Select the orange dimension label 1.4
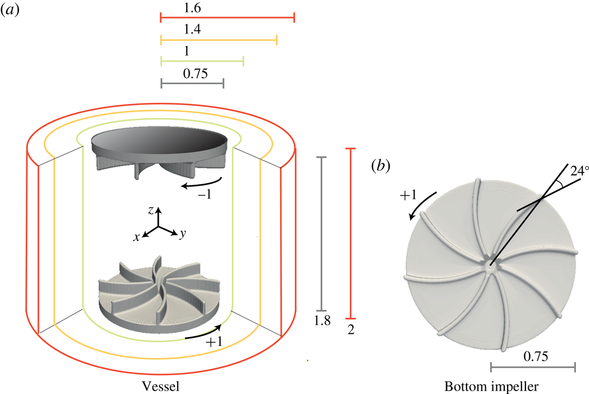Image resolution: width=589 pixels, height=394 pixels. [194, 30]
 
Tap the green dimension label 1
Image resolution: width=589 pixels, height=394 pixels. [187, 51]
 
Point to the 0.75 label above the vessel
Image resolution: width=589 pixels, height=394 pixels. [195, 73]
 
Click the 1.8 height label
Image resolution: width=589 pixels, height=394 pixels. [322, 321]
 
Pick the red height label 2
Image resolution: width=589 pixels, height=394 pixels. [351, 328]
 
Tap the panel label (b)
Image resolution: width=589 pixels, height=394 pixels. [380, 167]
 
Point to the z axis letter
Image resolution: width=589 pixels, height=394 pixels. [150, 211]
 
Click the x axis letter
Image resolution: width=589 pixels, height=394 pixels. [137, 237]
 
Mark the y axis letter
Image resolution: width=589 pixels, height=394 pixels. [180, 235]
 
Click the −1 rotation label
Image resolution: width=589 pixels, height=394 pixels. [205, 195]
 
